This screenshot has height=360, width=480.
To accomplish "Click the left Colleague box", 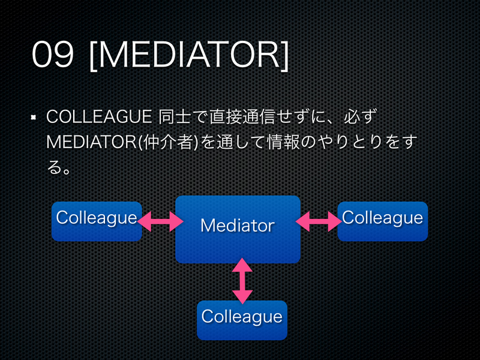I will point(97,221).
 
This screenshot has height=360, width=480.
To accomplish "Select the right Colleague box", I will point(382,221).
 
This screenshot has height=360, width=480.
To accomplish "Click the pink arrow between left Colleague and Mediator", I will point(160,223).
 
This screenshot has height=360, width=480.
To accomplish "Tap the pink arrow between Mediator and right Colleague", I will point(318,223).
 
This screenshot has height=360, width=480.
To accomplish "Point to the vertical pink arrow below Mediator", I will point(242,281).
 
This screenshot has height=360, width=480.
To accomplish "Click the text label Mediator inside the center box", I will point(237,226).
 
